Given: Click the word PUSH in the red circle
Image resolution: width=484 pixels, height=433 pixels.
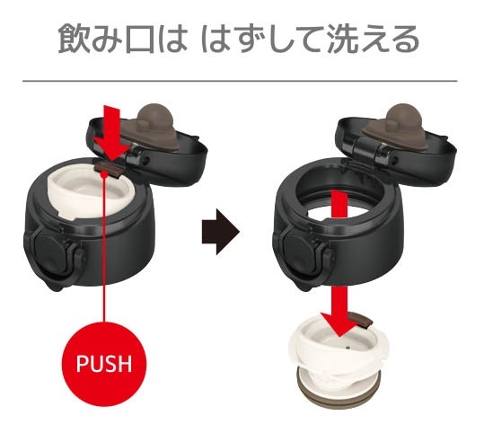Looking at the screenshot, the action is (104, 363).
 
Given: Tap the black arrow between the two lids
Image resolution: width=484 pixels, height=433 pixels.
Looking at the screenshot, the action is (220, 232).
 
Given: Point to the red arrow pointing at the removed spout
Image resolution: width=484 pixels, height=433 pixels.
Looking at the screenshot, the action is (339, 262).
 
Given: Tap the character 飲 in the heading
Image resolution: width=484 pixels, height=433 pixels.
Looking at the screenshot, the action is (74, 40).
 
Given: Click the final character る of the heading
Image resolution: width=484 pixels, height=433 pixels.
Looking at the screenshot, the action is (403, 40).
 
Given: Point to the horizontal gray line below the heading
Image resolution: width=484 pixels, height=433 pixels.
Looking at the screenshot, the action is (240, 81).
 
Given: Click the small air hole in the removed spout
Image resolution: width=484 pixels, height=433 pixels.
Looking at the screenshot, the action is (348, 348).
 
